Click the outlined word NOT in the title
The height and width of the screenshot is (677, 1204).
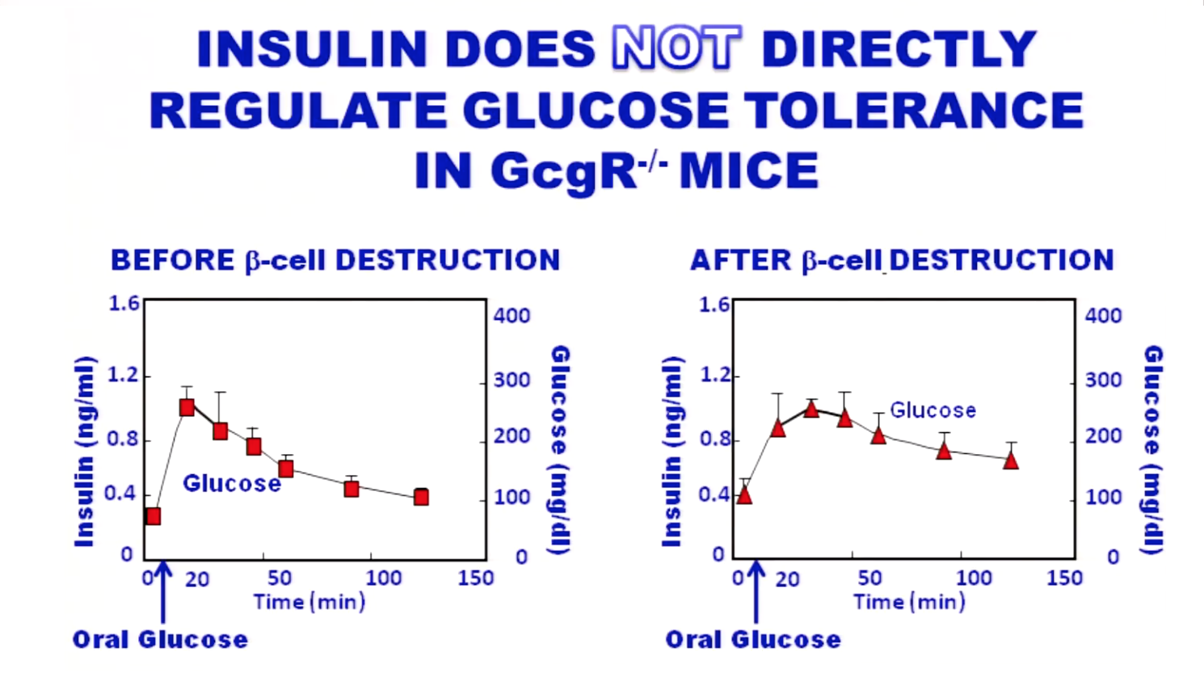pos(676,48)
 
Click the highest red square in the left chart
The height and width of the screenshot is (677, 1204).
pos(187,407)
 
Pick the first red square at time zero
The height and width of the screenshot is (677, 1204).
pos(153,516)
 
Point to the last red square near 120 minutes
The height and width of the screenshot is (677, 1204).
pos(421,497)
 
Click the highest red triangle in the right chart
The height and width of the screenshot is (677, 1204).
pos(811,409)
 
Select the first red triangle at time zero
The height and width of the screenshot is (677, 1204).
pos(744,495)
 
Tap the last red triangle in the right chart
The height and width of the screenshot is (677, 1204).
pos(1011,460)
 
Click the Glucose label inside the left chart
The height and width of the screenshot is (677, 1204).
pos(231,484)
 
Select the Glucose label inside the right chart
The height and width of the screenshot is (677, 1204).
pos(932,410)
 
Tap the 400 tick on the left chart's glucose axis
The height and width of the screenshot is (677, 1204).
pos(511,315)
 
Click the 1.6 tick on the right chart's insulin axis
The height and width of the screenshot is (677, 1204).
pos(714,305)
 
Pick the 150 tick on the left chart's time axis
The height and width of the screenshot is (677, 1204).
pos(475,578)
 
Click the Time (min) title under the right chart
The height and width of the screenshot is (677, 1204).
pos(909,602)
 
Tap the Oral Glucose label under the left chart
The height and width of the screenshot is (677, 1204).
pos(160,640)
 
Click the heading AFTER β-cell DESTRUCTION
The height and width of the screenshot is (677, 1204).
pos(902,261)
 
